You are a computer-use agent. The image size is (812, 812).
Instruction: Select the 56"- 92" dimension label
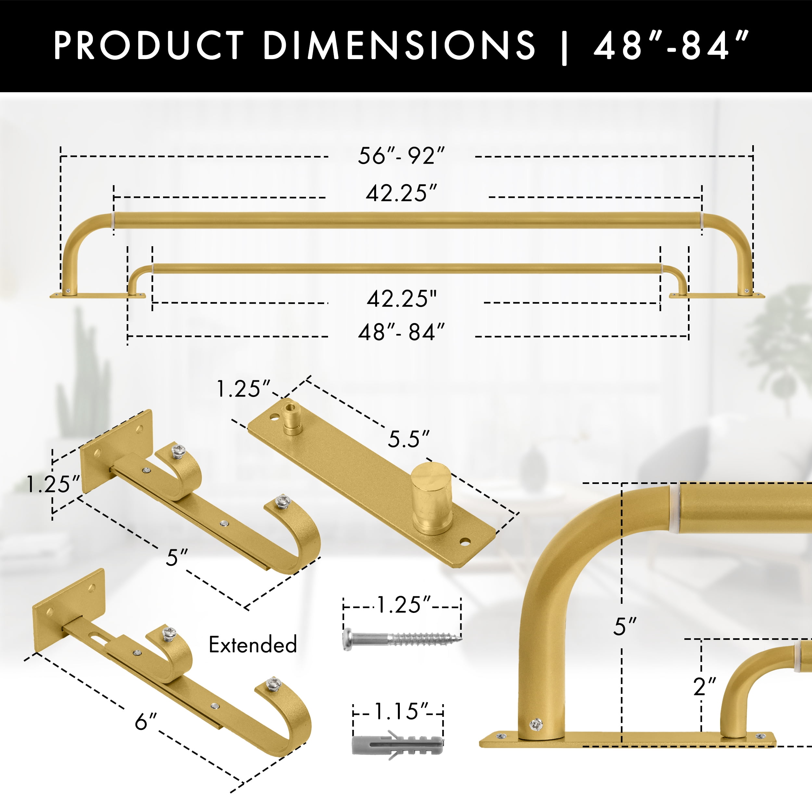(401, 156)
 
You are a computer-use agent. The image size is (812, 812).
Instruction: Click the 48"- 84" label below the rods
(401, 332)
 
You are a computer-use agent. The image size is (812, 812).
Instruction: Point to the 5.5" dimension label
(409, 439)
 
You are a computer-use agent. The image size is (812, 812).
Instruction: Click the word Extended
(253, 644)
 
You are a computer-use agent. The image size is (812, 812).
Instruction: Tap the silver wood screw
(402, 639)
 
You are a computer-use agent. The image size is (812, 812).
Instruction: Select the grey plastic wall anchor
(398, 744)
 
